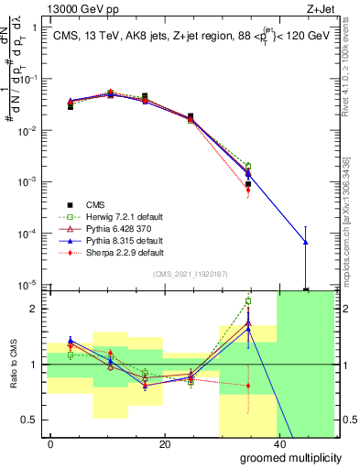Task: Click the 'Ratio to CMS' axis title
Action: point(13,365)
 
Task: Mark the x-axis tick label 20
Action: point(164,444)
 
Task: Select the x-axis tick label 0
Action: point(51,444)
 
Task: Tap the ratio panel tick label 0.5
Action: point(29,420)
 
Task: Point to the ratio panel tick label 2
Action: point(34,309)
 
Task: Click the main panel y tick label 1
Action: point(34,27)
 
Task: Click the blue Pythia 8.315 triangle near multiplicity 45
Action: point(305,242)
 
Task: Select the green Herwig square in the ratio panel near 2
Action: point(248,301)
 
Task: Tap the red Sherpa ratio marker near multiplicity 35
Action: point(248,386)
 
